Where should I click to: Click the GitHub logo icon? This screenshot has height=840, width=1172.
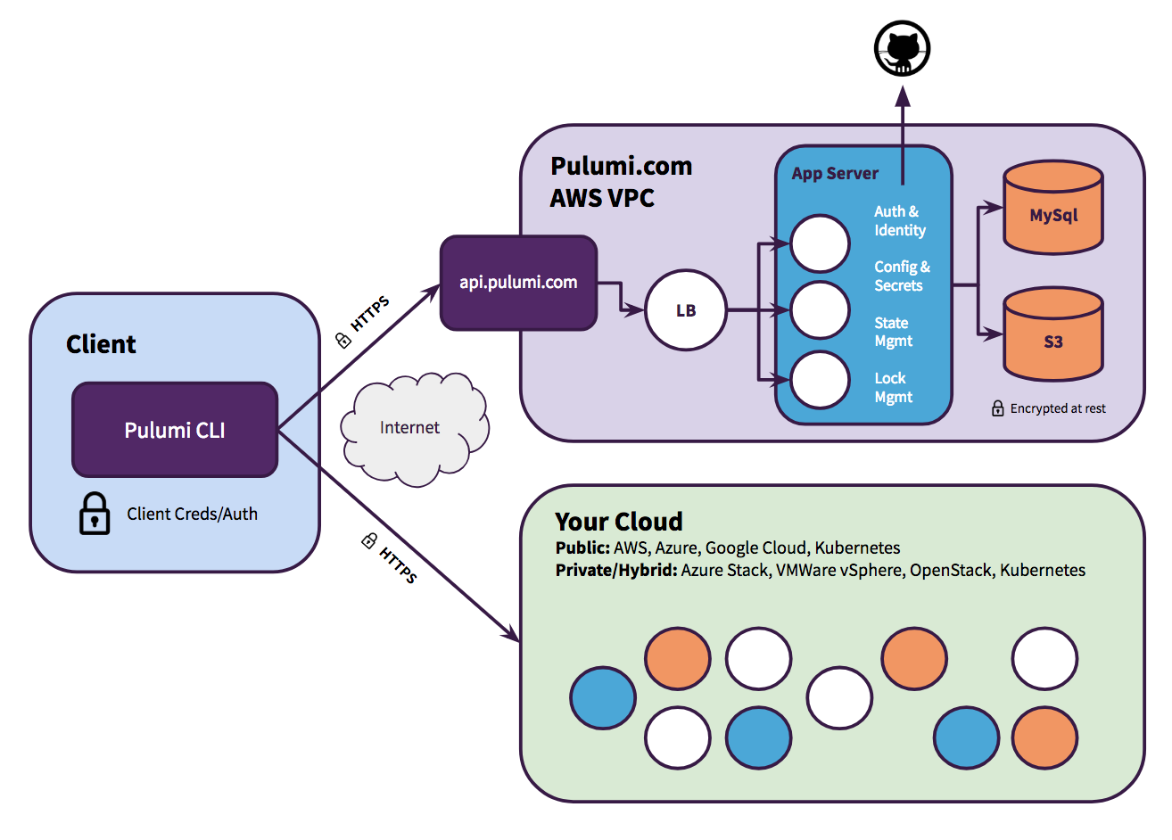pos(902,48)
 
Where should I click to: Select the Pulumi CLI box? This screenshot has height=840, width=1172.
pos(175,430)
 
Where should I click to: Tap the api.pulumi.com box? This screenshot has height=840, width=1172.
pos(518,283)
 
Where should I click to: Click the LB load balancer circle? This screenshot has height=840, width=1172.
pos(685,310)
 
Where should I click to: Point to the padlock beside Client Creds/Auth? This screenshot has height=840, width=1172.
pos(95,514)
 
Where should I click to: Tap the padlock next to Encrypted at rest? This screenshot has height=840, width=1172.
pos(998,408)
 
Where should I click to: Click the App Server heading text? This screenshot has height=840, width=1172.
pos(835,174)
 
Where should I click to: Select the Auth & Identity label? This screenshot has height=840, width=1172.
pos(899,221)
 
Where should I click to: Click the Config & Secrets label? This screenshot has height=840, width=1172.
pos(901,276)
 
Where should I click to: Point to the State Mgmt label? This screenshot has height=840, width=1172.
pos(892,332)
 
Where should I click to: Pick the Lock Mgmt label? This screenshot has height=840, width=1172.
pos(892,388)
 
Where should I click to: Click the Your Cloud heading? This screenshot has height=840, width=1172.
pos(619,522)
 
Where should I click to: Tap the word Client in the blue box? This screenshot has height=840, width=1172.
pos(101,344)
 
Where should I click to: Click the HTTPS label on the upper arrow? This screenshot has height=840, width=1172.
pos(370,315)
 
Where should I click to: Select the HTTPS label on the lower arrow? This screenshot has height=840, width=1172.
pos(398,564)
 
